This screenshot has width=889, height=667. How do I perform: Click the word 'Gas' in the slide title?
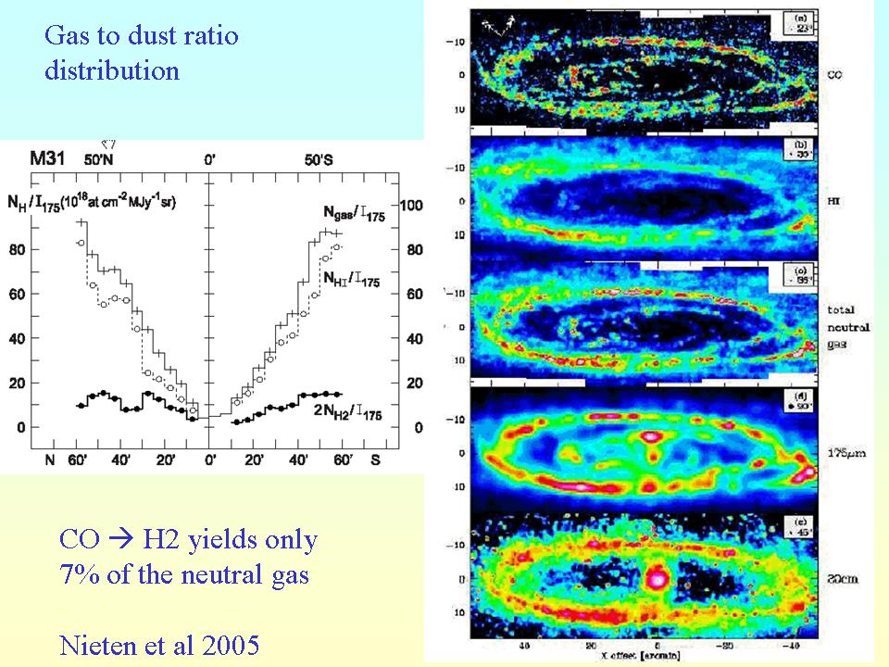pyautogui.click(x=65, y=36)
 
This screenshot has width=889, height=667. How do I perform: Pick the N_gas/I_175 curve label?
pyautogui.click(x=360, y=214)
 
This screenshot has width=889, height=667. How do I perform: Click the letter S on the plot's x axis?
pyautogui.click(x=376, y=459)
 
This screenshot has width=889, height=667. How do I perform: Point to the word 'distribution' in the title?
pyautogui.click(x=112, y=70)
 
